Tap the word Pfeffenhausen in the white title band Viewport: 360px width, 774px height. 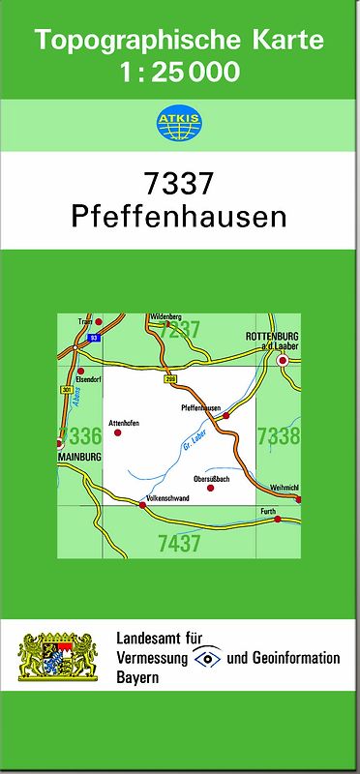tap(179, 215)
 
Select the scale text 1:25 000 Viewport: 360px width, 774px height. tap(180, 73)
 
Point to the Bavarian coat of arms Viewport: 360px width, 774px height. tap(59, 658)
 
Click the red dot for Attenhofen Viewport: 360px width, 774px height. tap(118, 432)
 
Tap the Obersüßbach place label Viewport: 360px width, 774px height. tap(211, 479)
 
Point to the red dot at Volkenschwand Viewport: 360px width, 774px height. tap(142, 504)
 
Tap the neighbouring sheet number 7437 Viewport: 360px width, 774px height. tap(179, 544)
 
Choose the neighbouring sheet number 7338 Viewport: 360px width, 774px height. tap(278, 437)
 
